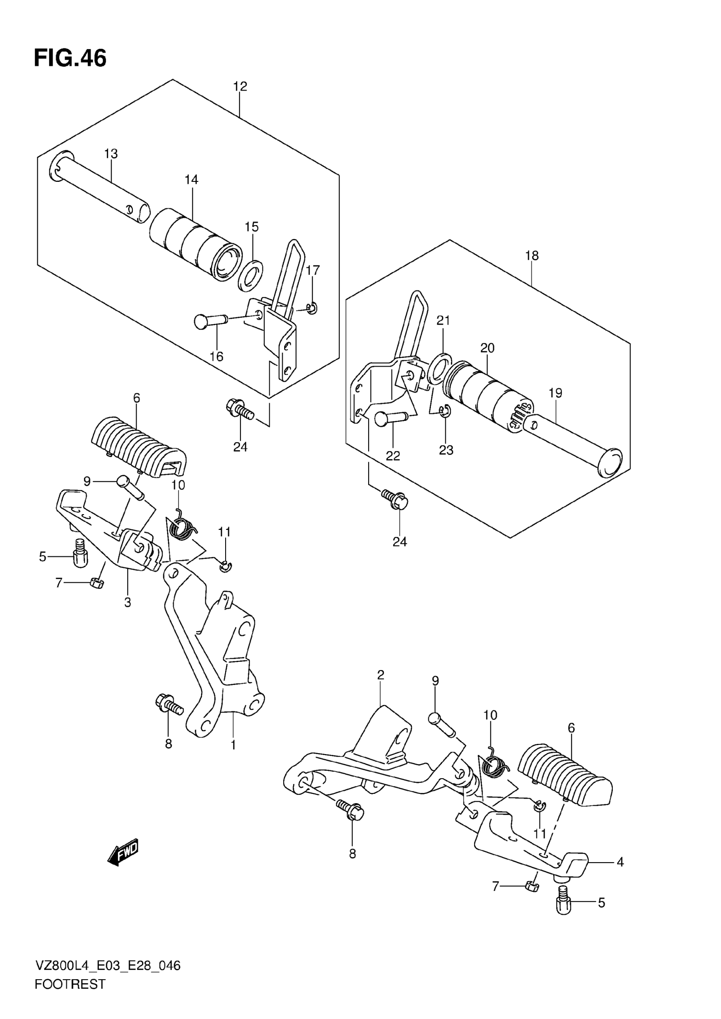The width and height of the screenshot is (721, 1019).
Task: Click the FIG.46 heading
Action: tap(70, 58)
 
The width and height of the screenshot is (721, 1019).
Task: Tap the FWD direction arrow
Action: tap(123, 852)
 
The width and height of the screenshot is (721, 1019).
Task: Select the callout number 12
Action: tap(240, 86)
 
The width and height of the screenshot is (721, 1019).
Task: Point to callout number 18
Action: tap(531, 256)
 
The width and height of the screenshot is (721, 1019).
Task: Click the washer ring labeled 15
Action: tap(250, 276)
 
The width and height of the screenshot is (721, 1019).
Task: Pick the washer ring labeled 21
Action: tap(439, 368)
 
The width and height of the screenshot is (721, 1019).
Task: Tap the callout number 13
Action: tap(111, 154)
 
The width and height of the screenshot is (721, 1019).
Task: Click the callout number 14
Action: tap(191, 180)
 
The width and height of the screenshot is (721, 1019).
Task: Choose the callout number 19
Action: tap(555, 393)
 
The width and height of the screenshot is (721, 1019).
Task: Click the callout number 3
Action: tap(127, 603)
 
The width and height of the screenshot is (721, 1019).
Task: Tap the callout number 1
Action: tap(233, 745)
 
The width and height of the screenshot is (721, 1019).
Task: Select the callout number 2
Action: tap(380, 675)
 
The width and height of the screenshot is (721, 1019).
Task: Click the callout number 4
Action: tap(620, 862)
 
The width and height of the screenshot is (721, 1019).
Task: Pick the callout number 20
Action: tap(487, 348)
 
